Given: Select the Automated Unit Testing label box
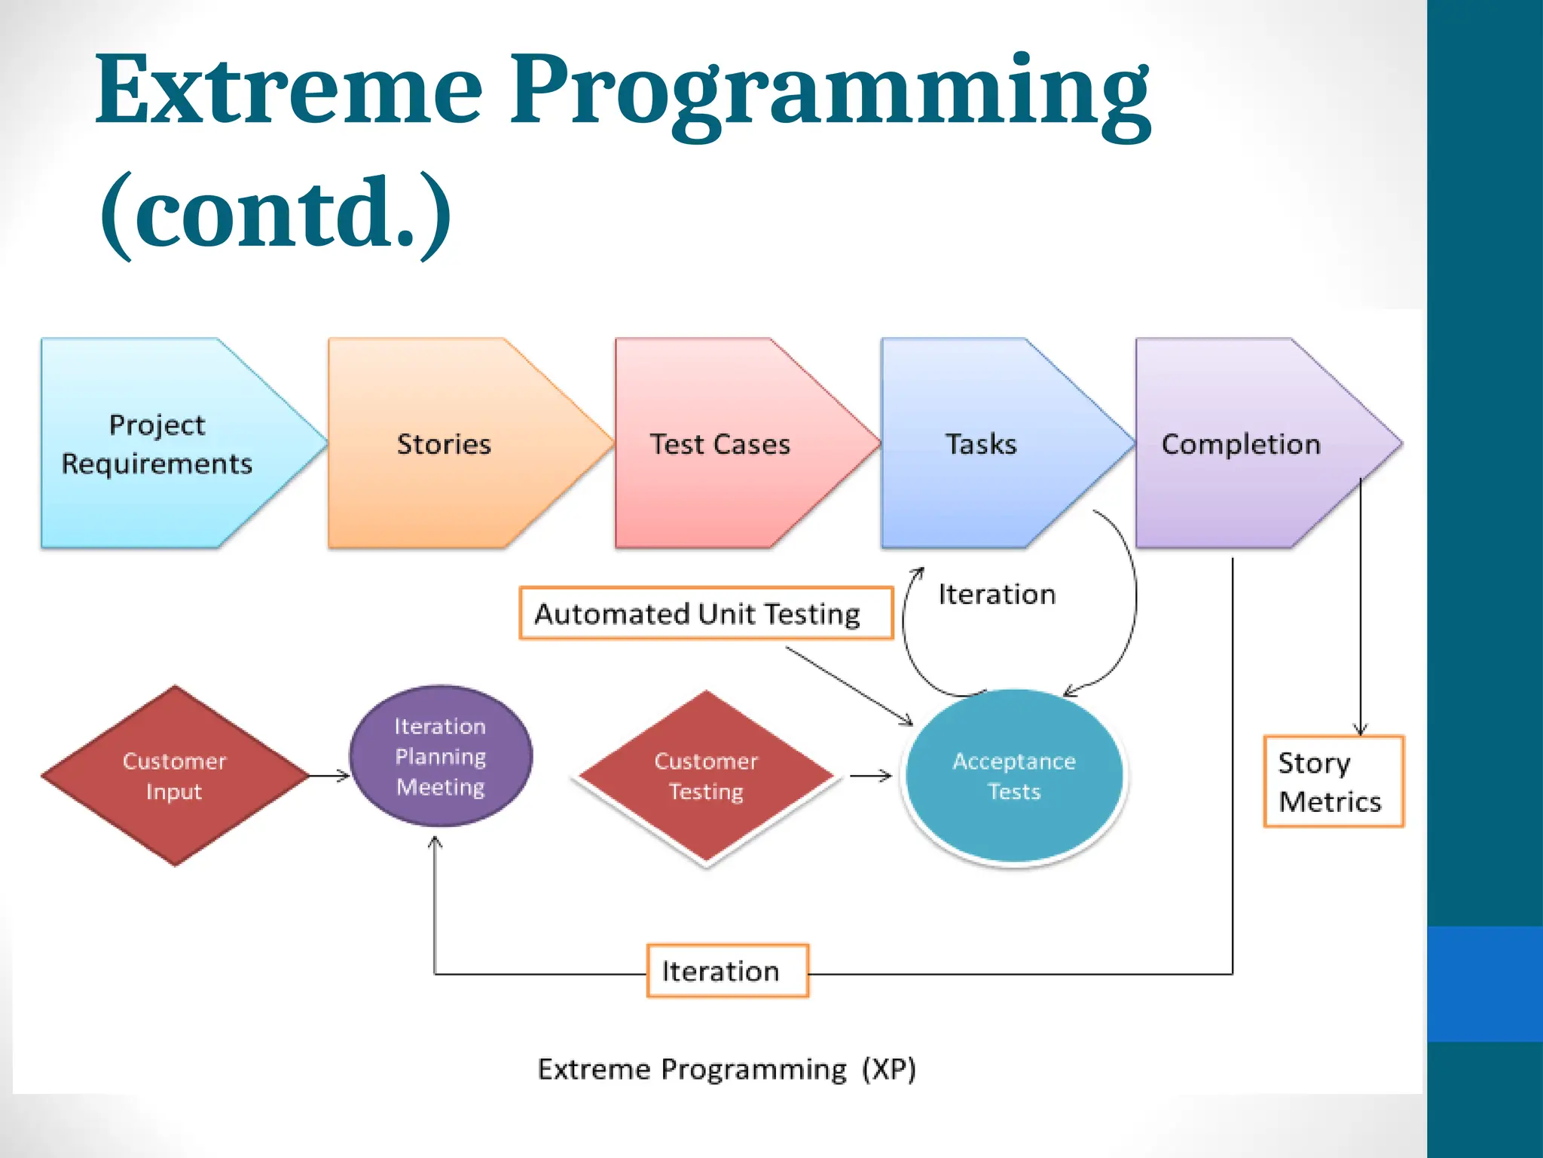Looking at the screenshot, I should (x=705, y=614).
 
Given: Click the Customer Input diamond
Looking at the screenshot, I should (x=175, y=776).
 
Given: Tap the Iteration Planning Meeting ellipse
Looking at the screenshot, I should (x=441, y=756).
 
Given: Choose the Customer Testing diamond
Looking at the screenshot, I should (x=706, y=777).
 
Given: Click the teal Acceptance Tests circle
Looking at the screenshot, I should (x=1014, y=776).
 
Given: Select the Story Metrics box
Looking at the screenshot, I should (x=1333, y=782).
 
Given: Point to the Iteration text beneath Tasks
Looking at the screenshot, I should (x=996, y=594).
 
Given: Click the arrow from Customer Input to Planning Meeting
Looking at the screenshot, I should (x=330, y=775).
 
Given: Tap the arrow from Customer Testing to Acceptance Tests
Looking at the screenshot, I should (x=870, y=775).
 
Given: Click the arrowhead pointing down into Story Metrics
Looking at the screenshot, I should (x=1360, y=728).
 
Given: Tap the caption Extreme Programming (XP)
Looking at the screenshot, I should (x=726, y=1069).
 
